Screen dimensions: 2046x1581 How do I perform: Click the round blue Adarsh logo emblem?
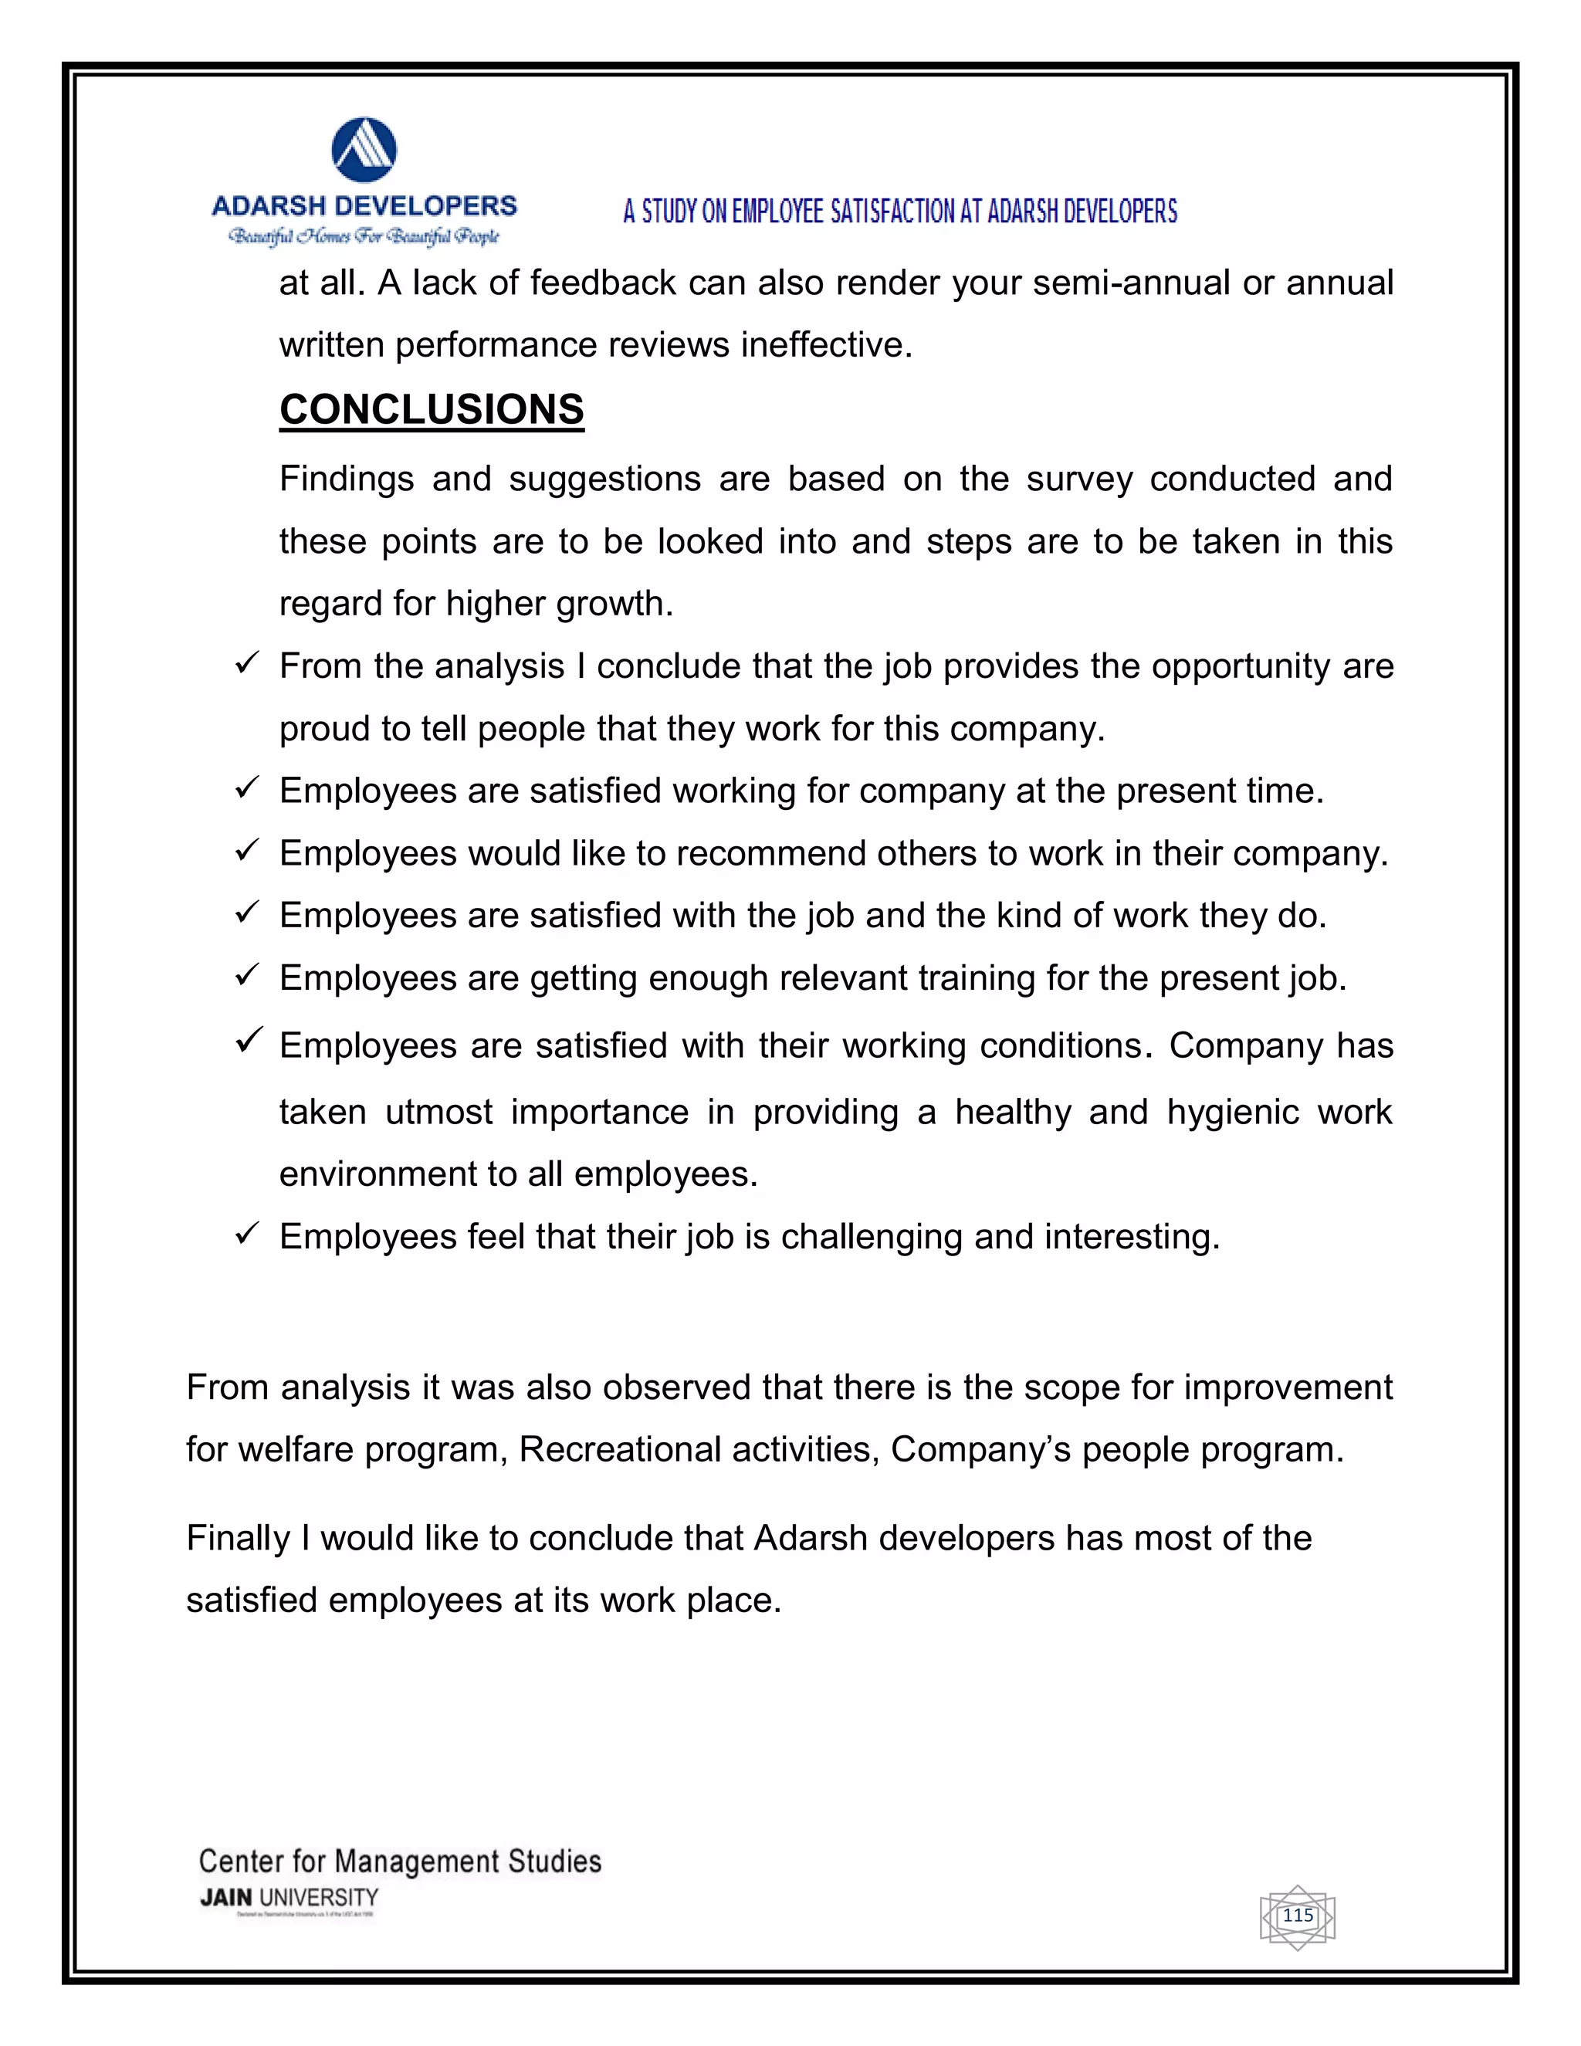[364, 150]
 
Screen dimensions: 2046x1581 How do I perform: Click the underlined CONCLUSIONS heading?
[432, 409]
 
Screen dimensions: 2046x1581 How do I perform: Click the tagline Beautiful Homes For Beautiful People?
[364, 236]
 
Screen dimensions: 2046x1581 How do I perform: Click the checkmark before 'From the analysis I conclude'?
[246, 664]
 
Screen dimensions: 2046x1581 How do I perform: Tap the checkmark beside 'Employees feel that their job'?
[246, 1235]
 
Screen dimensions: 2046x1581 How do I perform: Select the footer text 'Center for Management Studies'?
[400, 1861]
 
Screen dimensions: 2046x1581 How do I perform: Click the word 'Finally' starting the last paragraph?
[238, 1538]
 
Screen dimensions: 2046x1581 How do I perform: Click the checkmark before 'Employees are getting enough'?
[246, 976]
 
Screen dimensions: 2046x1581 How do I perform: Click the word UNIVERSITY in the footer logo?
[319, 1897]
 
